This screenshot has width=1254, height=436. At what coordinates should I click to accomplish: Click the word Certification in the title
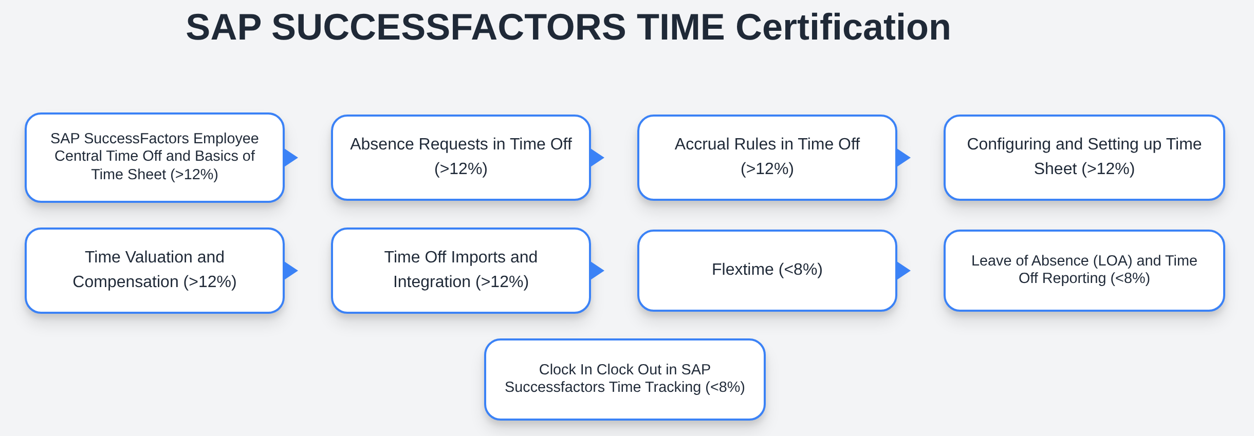(843, 27)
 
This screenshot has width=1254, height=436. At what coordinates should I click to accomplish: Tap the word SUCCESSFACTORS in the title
(449, 27)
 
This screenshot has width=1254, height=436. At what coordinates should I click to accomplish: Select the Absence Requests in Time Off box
(461, 158)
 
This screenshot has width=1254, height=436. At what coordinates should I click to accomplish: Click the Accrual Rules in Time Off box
(767, 158)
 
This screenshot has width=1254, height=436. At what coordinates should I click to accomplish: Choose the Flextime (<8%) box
(767, 271)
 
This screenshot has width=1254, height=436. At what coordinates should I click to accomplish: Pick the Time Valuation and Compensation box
(155, 271)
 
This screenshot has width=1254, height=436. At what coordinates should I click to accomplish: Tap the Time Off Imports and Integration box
(461, 271)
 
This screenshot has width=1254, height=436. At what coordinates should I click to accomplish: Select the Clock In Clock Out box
(625, 380)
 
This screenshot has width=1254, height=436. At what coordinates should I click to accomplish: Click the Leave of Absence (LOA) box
(1084, 271)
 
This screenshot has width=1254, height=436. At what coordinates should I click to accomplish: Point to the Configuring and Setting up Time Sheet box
(1084, 158)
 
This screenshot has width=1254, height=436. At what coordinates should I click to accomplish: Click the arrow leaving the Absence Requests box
(597, 158)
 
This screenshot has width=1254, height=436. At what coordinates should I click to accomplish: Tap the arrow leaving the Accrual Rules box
(903, 158)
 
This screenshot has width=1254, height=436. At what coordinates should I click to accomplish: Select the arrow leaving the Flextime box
(903, 271)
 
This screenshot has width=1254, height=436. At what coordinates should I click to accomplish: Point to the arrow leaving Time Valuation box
(290, 271)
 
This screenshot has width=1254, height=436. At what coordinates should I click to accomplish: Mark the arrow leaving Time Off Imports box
(597, 271)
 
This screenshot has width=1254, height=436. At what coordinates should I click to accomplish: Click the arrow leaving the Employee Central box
(290, 158)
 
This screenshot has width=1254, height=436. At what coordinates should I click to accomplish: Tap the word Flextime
(743, 269)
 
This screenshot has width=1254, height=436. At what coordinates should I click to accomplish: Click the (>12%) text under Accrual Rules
(767, 168)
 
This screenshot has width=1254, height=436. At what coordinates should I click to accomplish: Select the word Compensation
(125, 282)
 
